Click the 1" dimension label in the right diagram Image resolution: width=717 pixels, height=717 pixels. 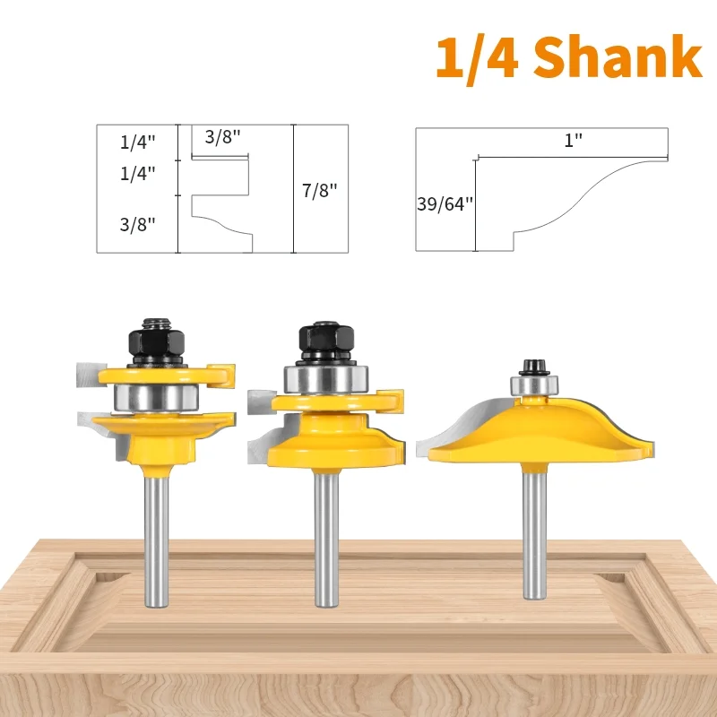[573, 140]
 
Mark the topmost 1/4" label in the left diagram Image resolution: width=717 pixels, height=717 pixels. [137, 141]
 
